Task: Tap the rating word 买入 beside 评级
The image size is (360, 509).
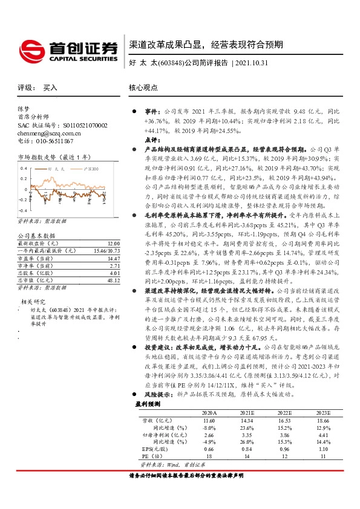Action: pyautogui.click(x=50, y=88)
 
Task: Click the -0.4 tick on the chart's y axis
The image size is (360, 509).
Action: pyautogui.click(x=24, y=199)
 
